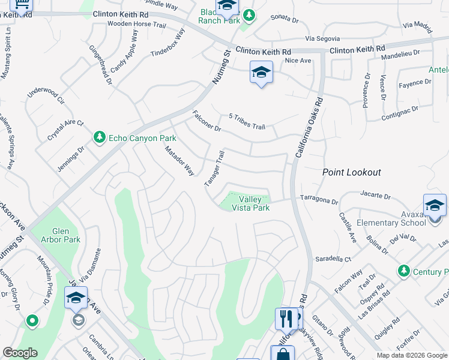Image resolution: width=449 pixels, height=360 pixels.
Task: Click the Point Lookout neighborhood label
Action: [351, 172]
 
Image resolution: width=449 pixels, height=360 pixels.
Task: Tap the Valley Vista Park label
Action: [255, 203]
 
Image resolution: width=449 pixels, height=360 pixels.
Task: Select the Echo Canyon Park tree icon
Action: [99, 138]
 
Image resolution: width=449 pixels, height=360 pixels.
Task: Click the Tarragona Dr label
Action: [320, 197]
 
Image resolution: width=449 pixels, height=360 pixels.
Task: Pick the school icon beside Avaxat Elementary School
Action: [435, 206]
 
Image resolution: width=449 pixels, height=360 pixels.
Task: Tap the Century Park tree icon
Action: [404, 272]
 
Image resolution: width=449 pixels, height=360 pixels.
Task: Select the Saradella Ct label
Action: [333, 259]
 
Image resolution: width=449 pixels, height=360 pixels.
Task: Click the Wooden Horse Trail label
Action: [136, 25]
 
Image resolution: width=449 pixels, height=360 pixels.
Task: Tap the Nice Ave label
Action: [298, 61]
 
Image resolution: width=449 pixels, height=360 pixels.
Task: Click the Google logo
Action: [20, 353]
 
